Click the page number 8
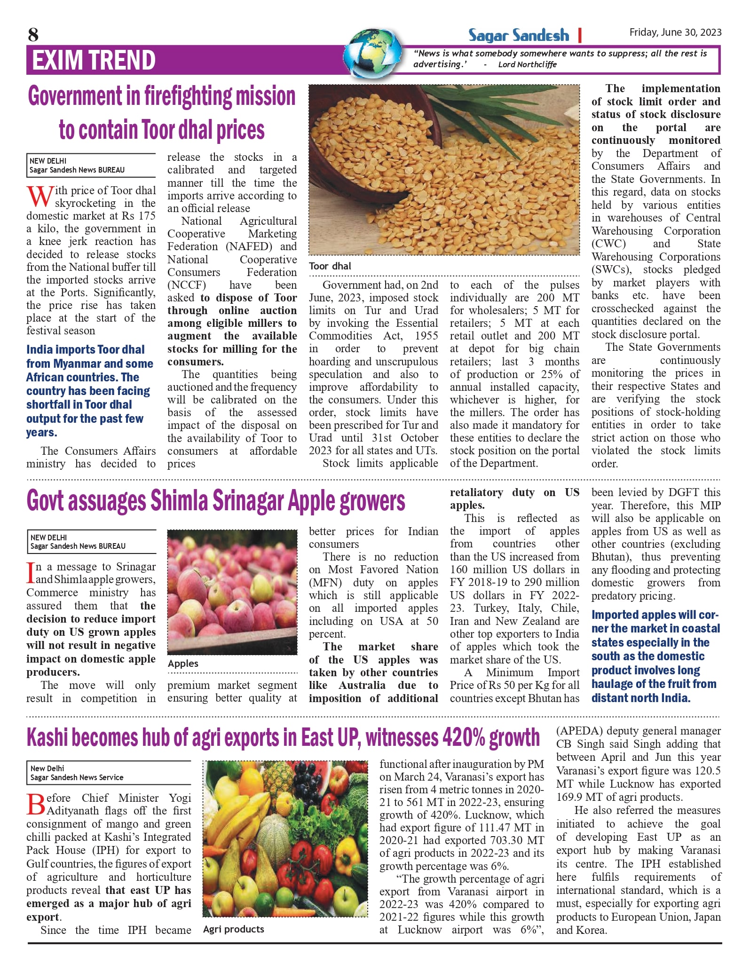pyautogui.click(x=33, y=35)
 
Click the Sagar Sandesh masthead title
pyautogui.click(x=518, y=35)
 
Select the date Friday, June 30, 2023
pyautogui.click(x=675, y=32)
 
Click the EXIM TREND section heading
pyautogui.click(x=94, y=60)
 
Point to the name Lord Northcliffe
pyautogui.click(x=527, y=64)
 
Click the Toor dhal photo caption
pyautogui.click(x=330, y=266)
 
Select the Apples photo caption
pyautogui.click(x=183, y=664)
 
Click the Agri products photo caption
pyautogui.click(x=234, y=929)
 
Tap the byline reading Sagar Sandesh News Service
pyautogui.click(x=77, y=777)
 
